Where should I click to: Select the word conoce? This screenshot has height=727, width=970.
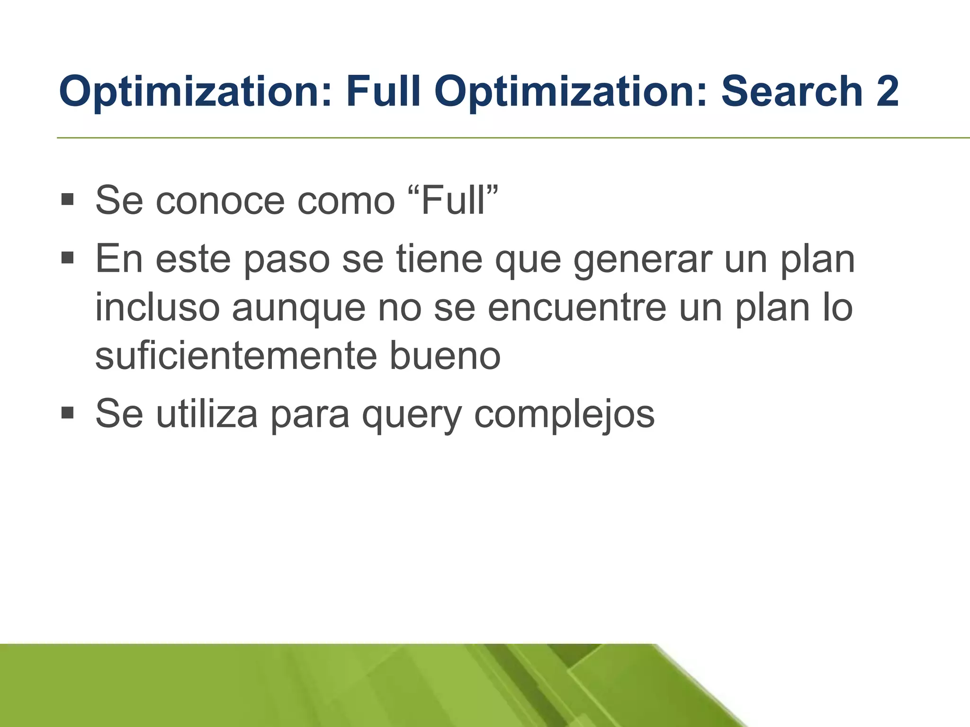pyautogui.click(x=220, y=201)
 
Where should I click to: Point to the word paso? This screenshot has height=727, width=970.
pyautogui.click(x=287, y=260)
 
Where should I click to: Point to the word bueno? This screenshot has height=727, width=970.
pyautogui.click(x=445, y=356)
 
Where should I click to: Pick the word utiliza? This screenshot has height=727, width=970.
pyautogui.click(x=207, y=414)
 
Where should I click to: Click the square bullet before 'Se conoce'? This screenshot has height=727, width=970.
pyautogui.click(x=68, y=199)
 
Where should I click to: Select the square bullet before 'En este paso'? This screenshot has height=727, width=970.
pyautogui.click(x=68, y=258)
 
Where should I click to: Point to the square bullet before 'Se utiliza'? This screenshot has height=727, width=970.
pyautogui.click(x=68, y=413)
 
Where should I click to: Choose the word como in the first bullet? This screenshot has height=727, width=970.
pyautogui.click(x=346, y=201)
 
